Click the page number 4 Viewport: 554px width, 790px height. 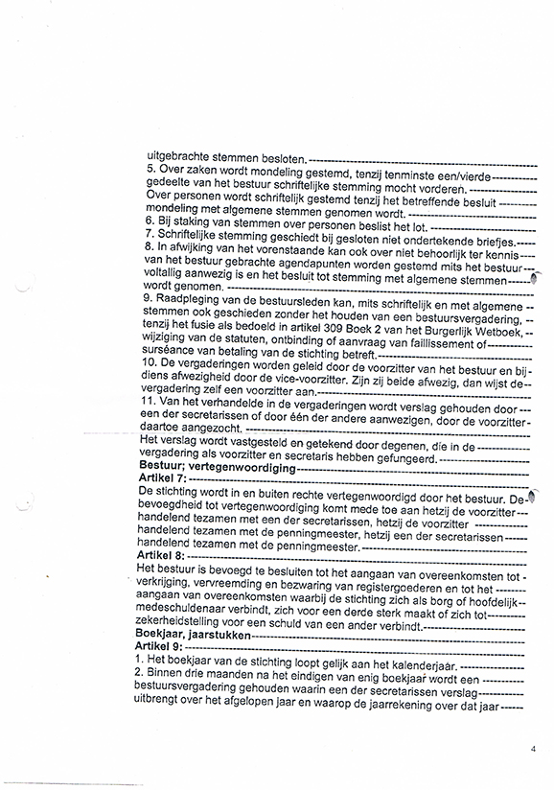click(x=532, y=753)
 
